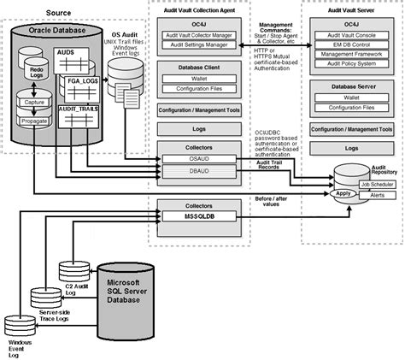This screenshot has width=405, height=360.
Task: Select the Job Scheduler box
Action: click(376, 185)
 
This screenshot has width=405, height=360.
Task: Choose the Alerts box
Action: click(376, 195)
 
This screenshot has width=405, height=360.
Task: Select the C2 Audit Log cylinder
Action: click(74, 272)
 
